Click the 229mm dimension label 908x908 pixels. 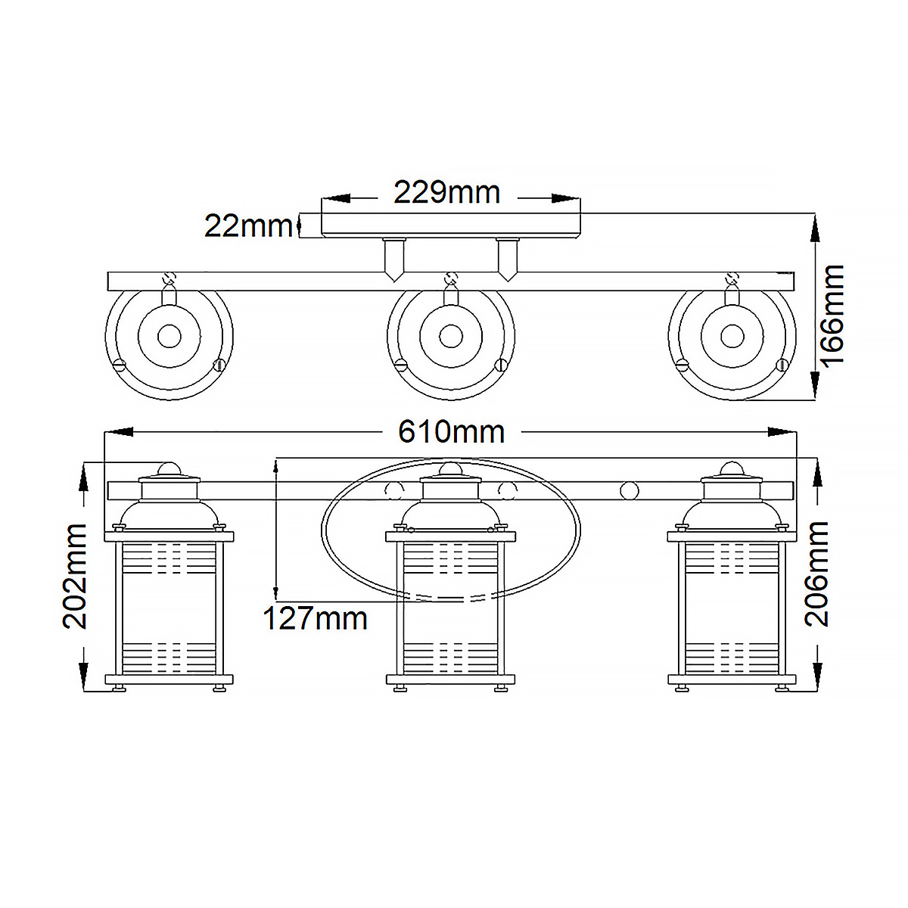pyautogui.click(x=447, y=193)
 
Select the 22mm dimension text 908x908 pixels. pyautogui.click(x=248, y=225)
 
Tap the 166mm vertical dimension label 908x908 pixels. pyautogui.click(x=832, y=315)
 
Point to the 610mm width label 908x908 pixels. pyautogui.click(x=452, y=432)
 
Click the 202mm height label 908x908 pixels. pyautogui.click(x=76, y=576)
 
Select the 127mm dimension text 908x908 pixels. pyautogui.click(x=315, y=619)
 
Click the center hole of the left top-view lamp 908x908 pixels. pyautogui.click(x=169, y=336)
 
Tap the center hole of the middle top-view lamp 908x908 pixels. pyautogui.click(x=451, y=336)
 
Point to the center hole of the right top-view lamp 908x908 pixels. pyautogui.click(x=732, y=336)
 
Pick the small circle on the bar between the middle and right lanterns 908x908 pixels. pyautogui.click(x=629, y=491)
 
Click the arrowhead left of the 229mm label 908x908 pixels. pyautogui.click(x=337, y=198)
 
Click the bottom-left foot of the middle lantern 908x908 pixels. pyautogui.click(x=400, y=688)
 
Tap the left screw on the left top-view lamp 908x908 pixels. pyautogui.click(x=120, y=364)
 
